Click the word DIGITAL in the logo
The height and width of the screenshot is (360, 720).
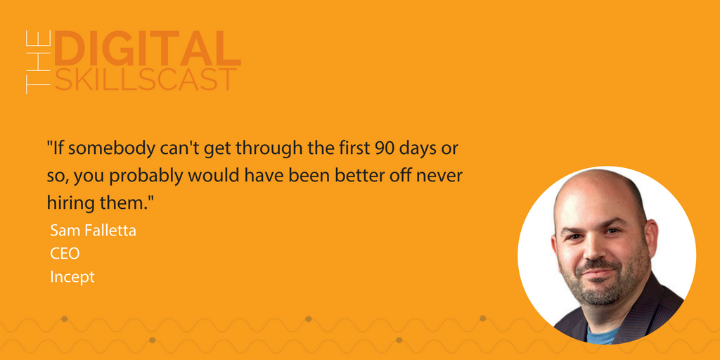pyautogui.click(x=148, y=49)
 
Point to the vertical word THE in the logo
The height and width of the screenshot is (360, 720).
pyautogui.click(x=38, y=62)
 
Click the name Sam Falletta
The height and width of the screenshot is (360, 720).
pyautogui.click(x=94, y=231)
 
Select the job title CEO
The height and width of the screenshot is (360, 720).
pyautogui.click(x=65, y=253)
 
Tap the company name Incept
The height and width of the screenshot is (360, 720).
pyautogui.click(x=72, y=278)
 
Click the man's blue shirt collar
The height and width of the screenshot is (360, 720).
pyautogui.click(x=602, y=335)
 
